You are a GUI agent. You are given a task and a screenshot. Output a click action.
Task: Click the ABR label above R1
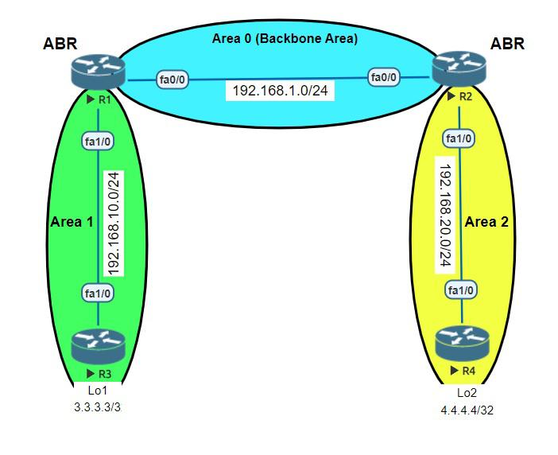pos(59,45)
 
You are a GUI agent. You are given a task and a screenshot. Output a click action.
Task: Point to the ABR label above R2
pos(507,45)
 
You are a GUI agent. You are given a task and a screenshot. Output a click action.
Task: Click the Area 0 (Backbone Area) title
pos(285,38)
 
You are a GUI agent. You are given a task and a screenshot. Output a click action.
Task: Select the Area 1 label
pos(72,221)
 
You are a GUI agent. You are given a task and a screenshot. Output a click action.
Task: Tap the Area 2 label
pos(486,221)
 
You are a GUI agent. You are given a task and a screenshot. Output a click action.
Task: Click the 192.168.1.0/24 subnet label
pos(280,91)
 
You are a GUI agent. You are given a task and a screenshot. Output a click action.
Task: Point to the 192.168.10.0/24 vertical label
pos(114,222)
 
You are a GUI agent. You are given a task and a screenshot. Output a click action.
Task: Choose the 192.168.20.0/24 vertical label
pos(445,215)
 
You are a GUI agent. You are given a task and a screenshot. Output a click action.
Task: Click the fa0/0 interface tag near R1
pos(173,79)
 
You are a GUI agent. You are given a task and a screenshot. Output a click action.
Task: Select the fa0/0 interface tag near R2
pos(383,77)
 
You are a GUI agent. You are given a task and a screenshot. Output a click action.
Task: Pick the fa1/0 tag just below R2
pos(459,139)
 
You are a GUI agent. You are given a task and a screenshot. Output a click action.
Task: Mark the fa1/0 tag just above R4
pos(462,290)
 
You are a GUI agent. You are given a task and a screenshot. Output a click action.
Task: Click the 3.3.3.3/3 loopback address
pos(98,406)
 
